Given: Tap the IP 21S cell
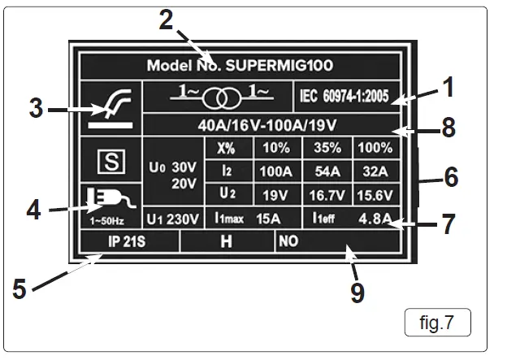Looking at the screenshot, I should [128, 241].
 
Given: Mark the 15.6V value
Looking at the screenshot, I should [375, 196].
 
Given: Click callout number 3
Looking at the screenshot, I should [36, 109].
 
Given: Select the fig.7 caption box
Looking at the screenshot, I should [436, 323].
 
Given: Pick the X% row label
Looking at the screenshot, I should [226, 149].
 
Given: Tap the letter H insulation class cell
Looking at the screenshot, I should [227, 241].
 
